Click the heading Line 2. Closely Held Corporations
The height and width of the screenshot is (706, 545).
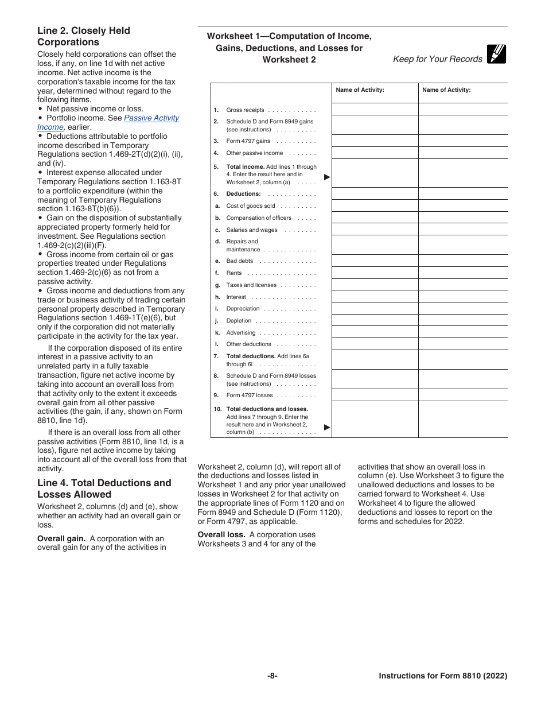tap(84, 36)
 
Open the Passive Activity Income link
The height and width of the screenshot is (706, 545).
tap(151, 118)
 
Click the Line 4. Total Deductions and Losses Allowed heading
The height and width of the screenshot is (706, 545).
tap(104, 488)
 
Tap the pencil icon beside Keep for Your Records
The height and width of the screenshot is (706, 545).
tap(496, 54)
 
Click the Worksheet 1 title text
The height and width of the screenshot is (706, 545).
tap(289, 48)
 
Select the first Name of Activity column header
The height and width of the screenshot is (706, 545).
tap(360, 90)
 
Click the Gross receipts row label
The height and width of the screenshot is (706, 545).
tap(246, 110)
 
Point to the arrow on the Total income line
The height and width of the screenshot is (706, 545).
tap(327, 177)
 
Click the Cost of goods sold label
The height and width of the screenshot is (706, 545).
tap(251, 205)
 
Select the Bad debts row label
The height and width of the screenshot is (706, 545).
tap(240, 261)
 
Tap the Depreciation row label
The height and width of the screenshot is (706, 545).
tap(243, 308)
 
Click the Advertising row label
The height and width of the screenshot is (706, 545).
tap(241, 332)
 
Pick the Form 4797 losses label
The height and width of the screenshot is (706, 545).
tap(250, 395)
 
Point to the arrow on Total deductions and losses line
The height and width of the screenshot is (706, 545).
tap(327, 427)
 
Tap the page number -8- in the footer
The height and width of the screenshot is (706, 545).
tap(272, 676)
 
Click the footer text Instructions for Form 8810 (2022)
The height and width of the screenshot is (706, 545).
tap(443, 676)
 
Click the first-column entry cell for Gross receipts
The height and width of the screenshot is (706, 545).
tap(375, 109)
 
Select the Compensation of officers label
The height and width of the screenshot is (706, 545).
tap(259, 218)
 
